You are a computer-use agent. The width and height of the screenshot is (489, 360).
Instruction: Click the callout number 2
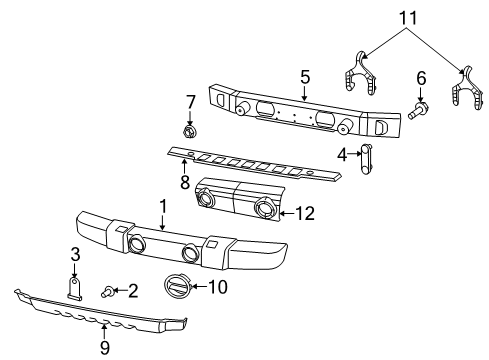point(131,291)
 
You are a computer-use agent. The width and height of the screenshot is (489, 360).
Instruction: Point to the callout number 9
point(104,347)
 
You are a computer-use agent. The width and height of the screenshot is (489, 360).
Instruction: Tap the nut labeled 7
point(189,131)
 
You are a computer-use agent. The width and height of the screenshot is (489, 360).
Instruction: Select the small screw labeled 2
point(108,291)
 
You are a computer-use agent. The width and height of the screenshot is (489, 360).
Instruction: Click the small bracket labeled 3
point(75,288)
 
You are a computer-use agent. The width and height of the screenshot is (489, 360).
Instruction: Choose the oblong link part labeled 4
point(366,156)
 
